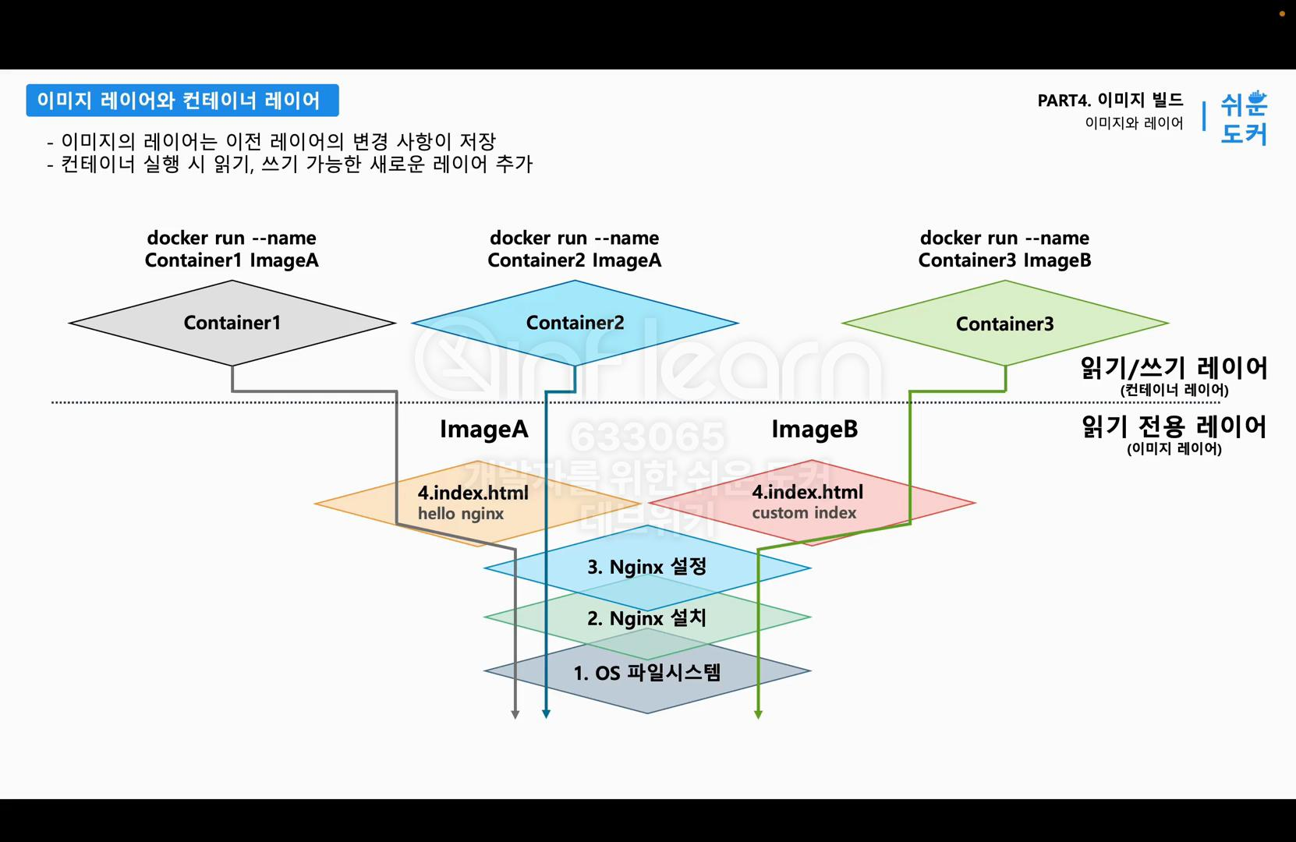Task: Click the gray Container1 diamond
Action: [232, 323]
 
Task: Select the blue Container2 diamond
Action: [575, 323]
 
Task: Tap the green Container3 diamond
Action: [1004, 324]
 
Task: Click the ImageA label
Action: [483, 430]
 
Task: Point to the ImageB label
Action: [814, 430]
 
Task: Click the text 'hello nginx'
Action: [461, 514]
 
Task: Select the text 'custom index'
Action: [804, 513]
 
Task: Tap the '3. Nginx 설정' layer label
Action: [646, 567]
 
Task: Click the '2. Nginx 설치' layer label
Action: [646, 618]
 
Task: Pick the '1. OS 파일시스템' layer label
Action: [646, 672]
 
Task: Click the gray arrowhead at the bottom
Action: [515, 713]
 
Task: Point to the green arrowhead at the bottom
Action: [758, 713]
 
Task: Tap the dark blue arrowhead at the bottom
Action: [546, 713]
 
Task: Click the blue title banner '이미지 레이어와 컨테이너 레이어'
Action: [182, 101]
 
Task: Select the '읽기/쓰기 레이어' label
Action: [1174, 368]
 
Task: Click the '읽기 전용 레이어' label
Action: [1174, 426]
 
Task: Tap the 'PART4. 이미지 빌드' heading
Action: [1110, 101]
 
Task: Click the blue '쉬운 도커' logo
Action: [1244, 118]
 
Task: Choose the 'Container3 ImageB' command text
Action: [1004, 260]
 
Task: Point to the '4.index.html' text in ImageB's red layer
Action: [807, 492]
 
